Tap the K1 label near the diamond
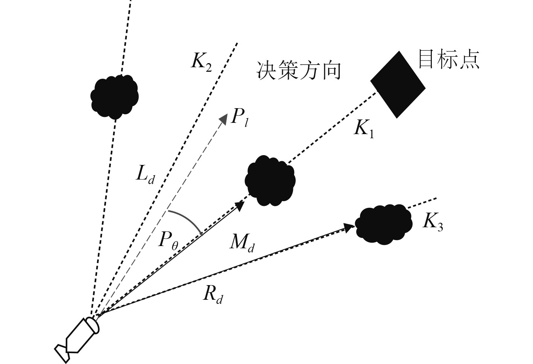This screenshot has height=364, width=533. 364,130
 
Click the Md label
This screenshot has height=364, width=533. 243,244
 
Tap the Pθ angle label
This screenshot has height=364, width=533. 168,240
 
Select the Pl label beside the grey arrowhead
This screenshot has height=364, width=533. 239,118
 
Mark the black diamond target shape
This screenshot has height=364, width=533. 398,85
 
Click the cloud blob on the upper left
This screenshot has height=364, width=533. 115,96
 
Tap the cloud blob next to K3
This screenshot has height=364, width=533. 384,224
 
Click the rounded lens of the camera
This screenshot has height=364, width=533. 93,325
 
